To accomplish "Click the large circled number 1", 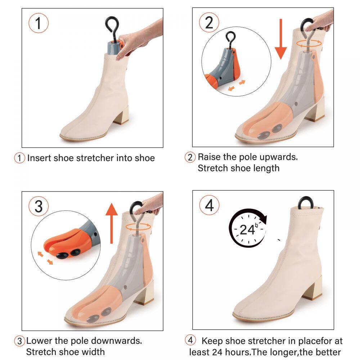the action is click(x=39, y=23).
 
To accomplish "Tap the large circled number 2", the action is click(x=209, y=22).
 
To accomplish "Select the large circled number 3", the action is click(x=39, y=206).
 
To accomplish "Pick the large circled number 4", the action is click(x=209, y=205).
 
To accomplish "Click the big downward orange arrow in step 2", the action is click(x=280, y=39).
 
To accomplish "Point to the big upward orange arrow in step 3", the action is click(x=112, y=223).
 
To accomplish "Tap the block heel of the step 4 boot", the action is click(x=314, y=288).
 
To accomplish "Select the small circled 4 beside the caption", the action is click(x=190, y=340).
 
